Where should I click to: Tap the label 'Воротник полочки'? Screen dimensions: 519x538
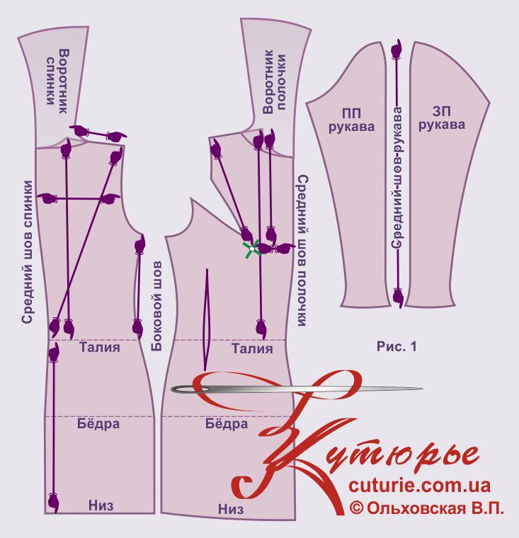point(274,81)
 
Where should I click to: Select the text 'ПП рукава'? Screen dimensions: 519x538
point(351,120)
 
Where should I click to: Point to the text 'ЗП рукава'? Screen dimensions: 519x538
point(442,118)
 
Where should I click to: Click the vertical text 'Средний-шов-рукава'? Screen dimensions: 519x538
point(397,178)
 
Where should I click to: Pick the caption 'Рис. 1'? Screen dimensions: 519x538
point(397,346)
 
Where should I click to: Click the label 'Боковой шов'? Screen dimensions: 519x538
point(156,307)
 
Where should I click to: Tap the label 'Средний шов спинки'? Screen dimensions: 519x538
point(28,252)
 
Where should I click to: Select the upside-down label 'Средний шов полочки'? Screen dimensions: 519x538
point(302,251)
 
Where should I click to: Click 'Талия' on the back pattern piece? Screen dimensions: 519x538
point(100,348)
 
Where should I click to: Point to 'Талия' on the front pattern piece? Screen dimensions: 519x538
point(252,348)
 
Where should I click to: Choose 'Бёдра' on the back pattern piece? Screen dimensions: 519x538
point(98,424)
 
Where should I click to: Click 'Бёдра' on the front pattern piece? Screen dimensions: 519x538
point(227,424)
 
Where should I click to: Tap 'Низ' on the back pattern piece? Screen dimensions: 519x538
point(101,505)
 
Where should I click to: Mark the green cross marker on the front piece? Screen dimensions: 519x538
point(251,249)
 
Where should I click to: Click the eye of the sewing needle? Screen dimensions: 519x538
point(191,389)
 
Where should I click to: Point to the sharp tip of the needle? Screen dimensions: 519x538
point(423,389)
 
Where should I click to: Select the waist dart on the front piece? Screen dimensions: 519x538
point(206,320)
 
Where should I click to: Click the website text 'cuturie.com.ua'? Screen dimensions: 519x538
point(419,486)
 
